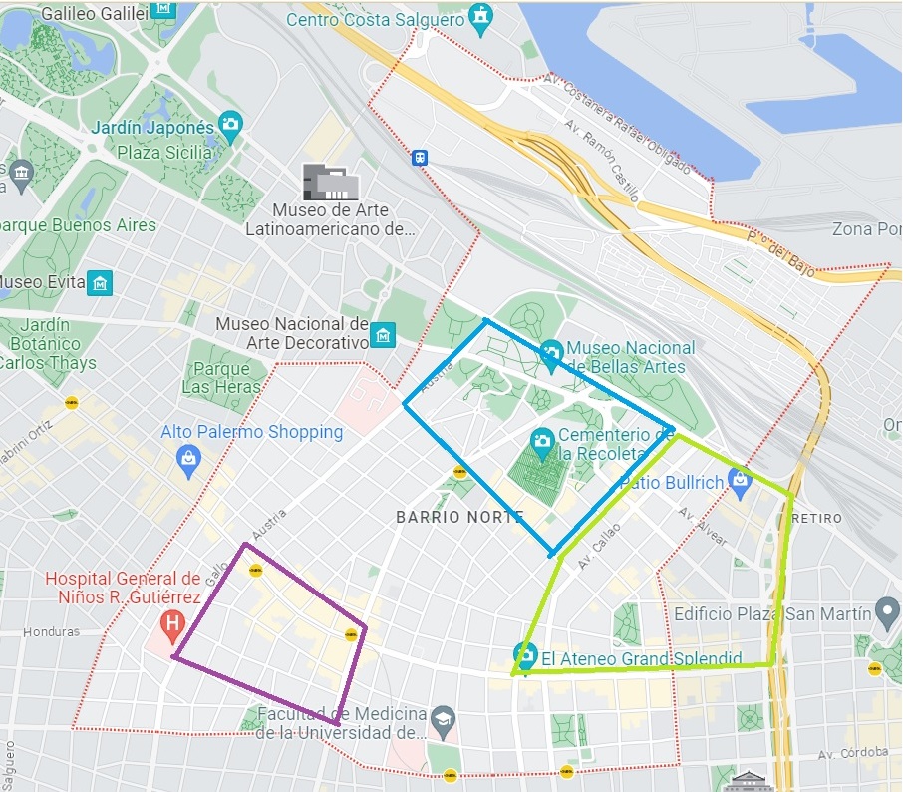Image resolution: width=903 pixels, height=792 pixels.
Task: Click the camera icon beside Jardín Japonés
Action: [x=231, y=127]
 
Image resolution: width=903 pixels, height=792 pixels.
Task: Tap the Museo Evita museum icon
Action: [x=100, y=283]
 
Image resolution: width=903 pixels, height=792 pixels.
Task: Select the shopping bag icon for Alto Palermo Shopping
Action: [x=187, y=457]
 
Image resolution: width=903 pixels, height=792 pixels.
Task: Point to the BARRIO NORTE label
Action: [x=458, y=517]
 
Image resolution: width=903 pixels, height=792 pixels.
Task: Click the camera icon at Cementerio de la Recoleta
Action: [x=542, y=440]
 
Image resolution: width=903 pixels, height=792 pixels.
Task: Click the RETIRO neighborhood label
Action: [x=816, y=518]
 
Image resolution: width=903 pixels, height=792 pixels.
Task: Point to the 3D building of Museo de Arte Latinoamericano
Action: [x=330, y=182]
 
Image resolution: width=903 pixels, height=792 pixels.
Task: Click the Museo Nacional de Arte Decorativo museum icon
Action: [x=382, y=334]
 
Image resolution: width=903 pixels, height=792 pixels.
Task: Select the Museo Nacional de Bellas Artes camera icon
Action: [x=551, y=351]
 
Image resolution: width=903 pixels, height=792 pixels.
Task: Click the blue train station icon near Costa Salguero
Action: [x=421, y=157]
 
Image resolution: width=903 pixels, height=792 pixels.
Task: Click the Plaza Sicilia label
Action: [x=164, y=153]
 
